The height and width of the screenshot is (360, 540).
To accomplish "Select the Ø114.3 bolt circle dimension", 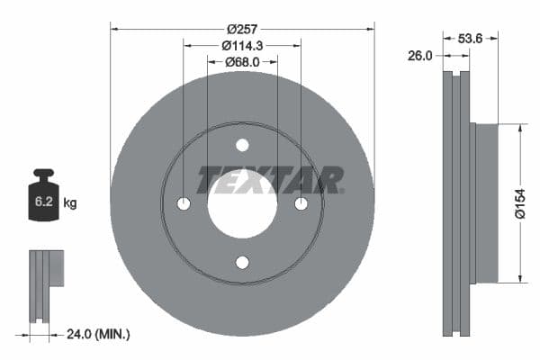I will coord(242,45).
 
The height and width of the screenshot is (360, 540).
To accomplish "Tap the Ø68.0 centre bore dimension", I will coord(242,62).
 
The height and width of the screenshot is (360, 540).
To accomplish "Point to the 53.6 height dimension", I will coord(484,39).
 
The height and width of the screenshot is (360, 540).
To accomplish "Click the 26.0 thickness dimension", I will coord(420,55).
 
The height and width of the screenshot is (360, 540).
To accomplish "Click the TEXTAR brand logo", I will coord(270,180).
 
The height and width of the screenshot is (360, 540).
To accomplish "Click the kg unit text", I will coord(70,203).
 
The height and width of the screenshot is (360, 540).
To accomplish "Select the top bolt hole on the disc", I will coord(242,146).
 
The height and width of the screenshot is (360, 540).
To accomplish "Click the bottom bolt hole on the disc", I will coord(242,262).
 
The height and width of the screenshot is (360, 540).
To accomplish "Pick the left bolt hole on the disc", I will coord(184,204).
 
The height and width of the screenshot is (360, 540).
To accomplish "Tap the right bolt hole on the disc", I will coord(301,204).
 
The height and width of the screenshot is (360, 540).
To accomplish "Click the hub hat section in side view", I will coord(486,203).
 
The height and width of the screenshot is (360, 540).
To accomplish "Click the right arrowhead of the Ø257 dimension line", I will coord(370,28).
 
